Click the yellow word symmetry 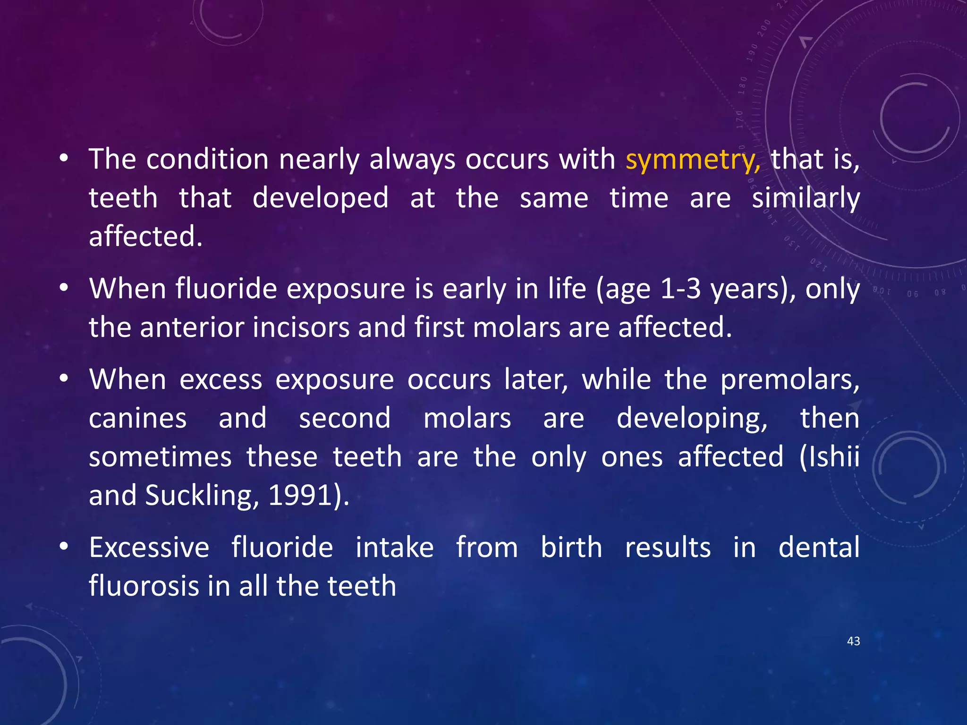pyautogui.click(x=692, y=160)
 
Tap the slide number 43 pyautogui.click(x=853, y=641)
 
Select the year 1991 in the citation pyautogui.click(x=299, y=496)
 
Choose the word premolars pyautogui.click(x=789, y=379)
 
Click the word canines pyautogui.click(x=137, y=418)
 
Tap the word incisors pyautogui.click(x=301, y=327)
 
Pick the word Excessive pyautogui.click(x=149, y=548)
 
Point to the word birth pyautogui.click(x=571, y=548)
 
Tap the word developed pyautogui.click(x=321, y=198)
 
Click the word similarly pyautogui.click(x=806, y=198)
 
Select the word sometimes pyautogui.click(x=160, y=457)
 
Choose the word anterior pyautogui.click(x=191, y=327)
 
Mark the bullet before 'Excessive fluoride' pyautogui.click(x=64, y=548)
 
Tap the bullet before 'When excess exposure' pyautogui.click(x=64, y=379)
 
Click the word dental pyautogui.click(x=819, y=548)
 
